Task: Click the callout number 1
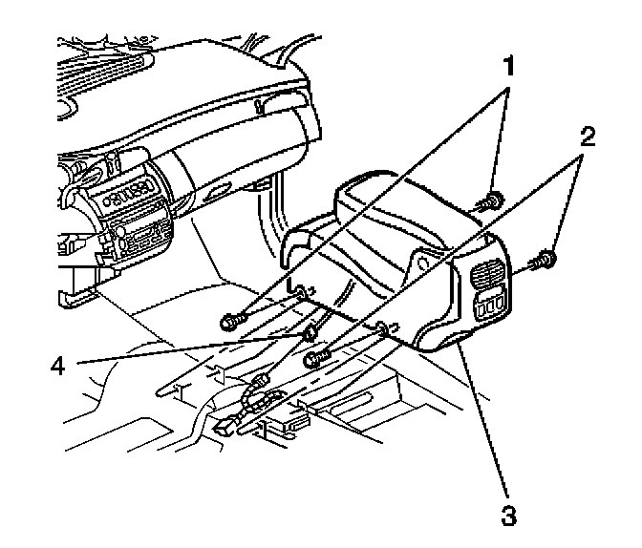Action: click(x=511, y=68)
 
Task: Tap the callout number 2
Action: click(x=588, y=136)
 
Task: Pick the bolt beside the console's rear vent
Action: click(x=546, y=257)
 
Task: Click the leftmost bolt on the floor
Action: click(x=231, y=322)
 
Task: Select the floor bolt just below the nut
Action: click(x=315, y=359)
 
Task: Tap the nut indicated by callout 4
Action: click(x=310, y=334)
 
